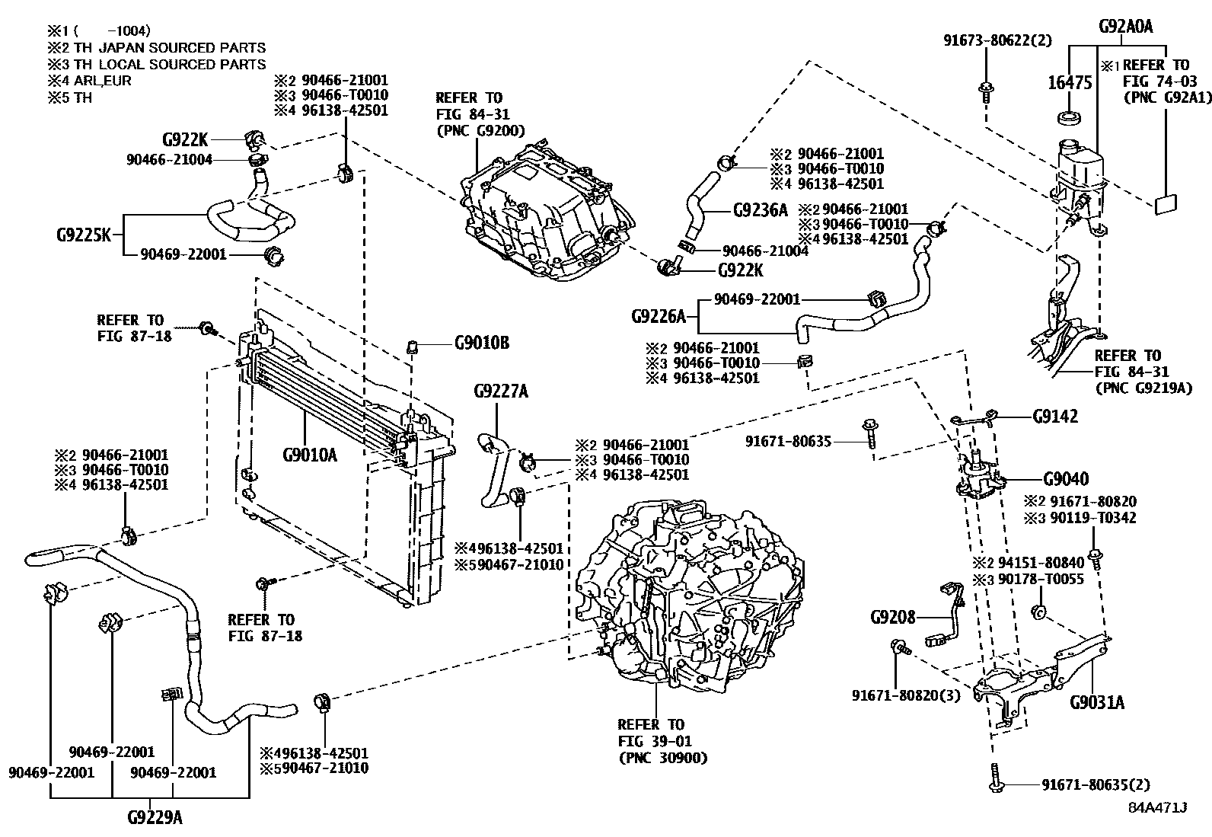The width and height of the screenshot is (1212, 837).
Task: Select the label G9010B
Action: (x=481, y=343)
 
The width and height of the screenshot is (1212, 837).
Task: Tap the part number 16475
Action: (x=1071, y=81)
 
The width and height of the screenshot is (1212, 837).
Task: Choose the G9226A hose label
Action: (x=659, y=315)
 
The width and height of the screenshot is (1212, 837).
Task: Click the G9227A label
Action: (x=500, y=391)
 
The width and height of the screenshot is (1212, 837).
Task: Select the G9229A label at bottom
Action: (x=155, y=818)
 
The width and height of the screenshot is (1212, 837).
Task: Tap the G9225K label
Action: (x=84, y=234)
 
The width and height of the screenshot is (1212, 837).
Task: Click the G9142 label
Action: (x=1055, y=417)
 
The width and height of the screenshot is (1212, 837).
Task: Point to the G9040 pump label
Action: (x=1065, y=479)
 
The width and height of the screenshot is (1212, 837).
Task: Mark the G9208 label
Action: (x=893, y=616)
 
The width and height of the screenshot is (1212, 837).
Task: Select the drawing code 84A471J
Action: (x=1158, y=807)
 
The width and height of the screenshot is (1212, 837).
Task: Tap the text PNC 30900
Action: (x=663, y=758)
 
